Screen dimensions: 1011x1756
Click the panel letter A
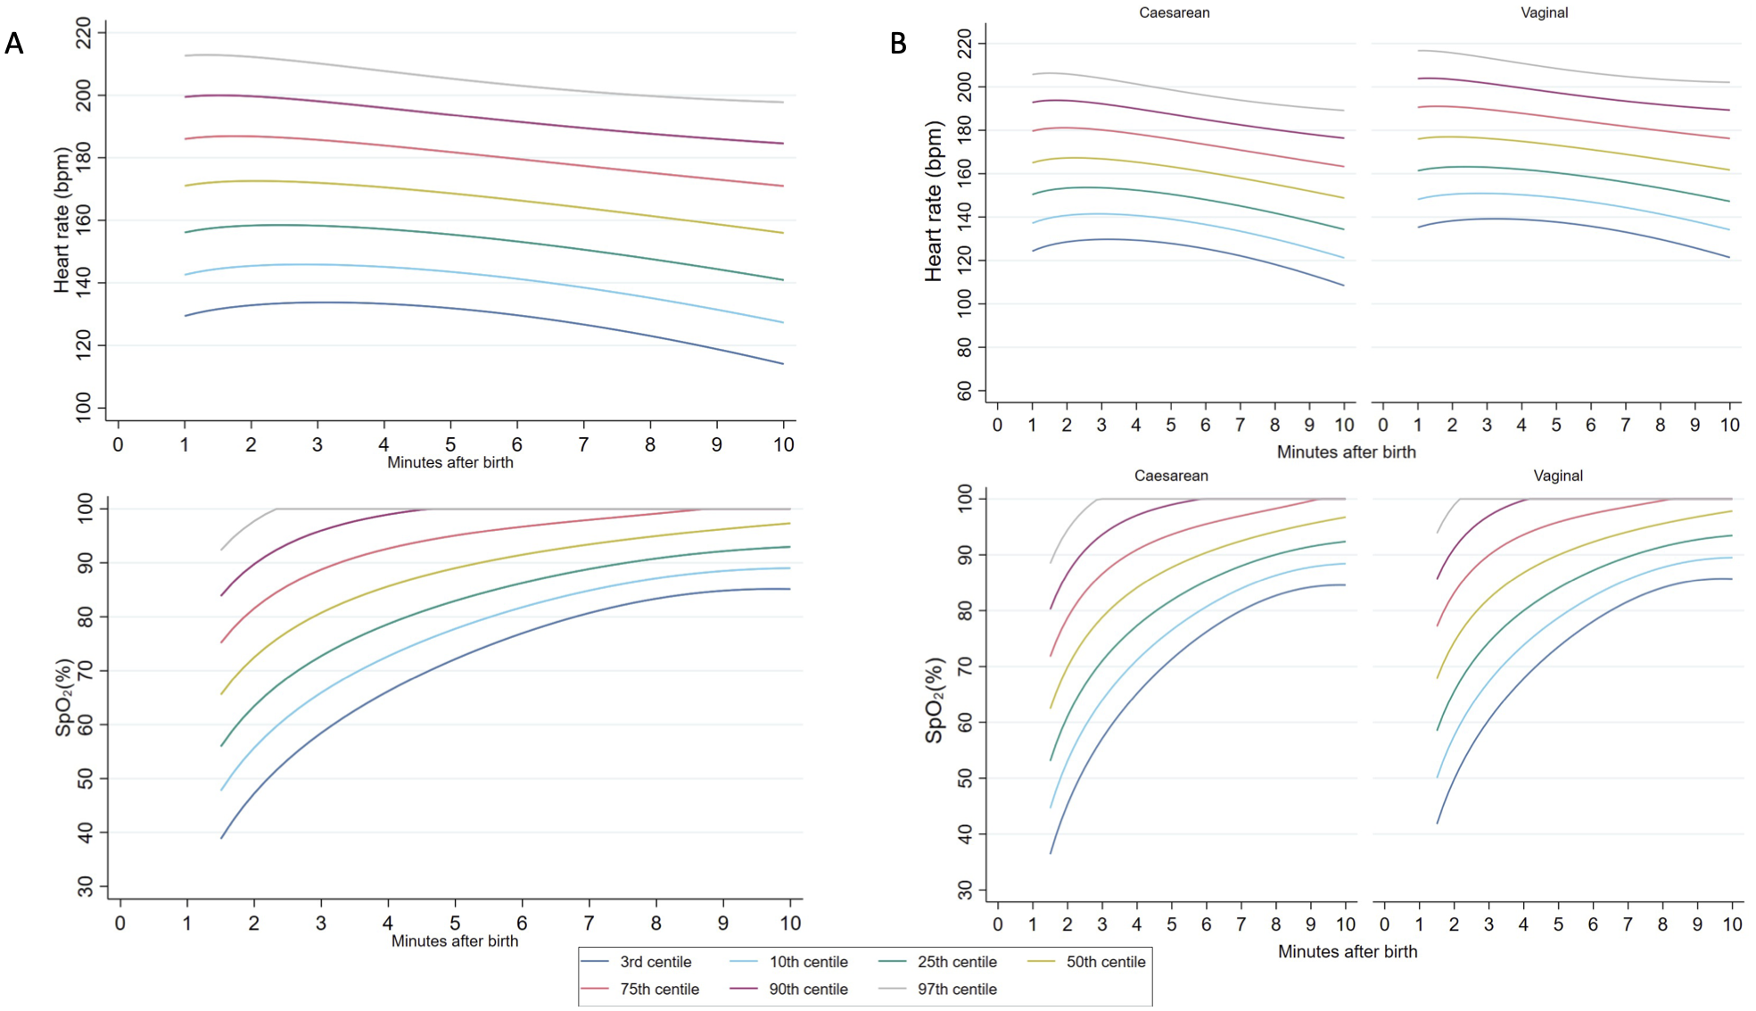tap(14, 43)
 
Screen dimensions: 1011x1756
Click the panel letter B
tap(898, 43)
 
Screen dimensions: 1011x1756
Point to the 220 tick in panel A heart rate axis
tap(85, 34)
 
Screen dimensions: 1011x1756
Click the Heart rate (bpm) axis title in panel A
tap(62, 220)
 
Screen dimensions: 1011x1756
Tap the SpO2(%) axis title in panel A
tap(63, 698)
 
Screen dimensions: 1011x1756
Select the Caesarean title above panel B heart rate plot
tap(1174, 12)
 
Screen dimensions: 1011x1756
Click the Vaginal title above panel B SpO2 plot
tap(1557, 476)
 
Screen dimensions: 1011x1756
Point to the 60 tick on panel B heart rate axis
tap(964, 391)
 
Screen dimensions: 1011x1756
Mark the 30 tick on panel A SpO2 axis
tap(86, 886)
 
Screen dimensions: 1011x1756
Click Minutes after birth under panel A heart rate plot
tap(449, 462)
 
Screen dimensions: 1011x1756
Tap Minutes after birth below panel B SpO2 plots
tap(1347, 951)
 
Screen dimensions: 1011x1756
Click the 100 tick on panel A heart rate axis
tap(85, 407)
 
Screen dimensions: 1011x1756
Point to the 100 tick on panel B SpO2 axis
tap(964, 498)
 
